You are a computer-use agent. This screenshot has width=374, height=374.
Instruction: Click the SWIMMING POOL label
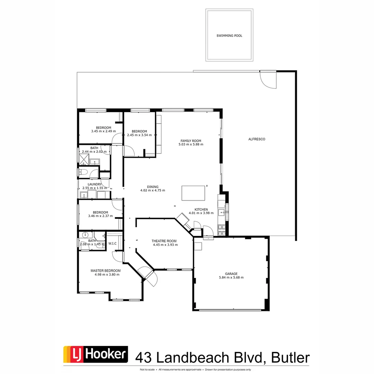(229, 36)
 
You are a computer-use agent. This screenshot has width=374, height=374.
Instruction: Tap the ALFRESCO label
(257, 139)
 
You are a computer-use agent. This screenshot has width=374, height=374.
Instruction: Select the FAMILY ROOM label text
(190, 141)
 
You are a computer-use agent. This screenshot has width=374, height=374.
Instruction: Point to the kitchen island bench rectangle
(193, 193)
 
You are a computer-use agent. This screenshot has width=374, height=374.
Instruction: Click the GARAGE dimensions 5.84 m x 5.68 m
(231, 277)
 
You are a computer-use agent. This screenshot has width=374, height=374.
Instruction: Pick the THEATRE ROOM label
(164, 241)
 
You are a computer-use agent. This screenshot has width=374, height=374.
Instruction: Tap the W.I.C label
(112, 243)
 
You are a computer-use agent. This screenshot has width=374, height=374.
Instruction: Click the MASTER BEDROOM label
(106, 270)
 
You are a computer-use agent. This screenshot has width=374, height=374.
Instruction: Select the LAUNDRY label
(94, 184)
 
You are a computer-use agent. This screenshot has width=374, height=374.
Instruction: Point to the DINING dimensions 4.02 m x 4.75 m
(152, 190)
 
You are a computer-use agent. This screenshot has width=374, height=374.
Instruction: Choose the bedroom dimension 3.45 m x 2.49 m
(103, 131)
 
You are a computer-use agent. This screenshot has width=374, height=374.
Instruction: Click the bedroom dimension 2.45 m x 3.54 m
(140, 135)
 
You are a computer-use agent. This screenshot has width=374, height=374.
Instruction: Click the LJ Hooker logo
(96, 355)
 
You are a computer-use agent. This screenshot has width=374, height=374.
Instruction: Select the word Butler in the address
(291, 357)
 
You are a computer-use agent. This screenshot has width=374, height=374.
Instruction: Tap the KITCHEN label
(201, 210)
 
